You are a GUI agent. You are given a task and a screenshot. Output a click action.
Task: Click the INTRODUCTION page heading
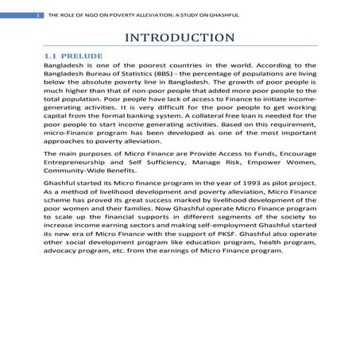coord(180,37)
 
